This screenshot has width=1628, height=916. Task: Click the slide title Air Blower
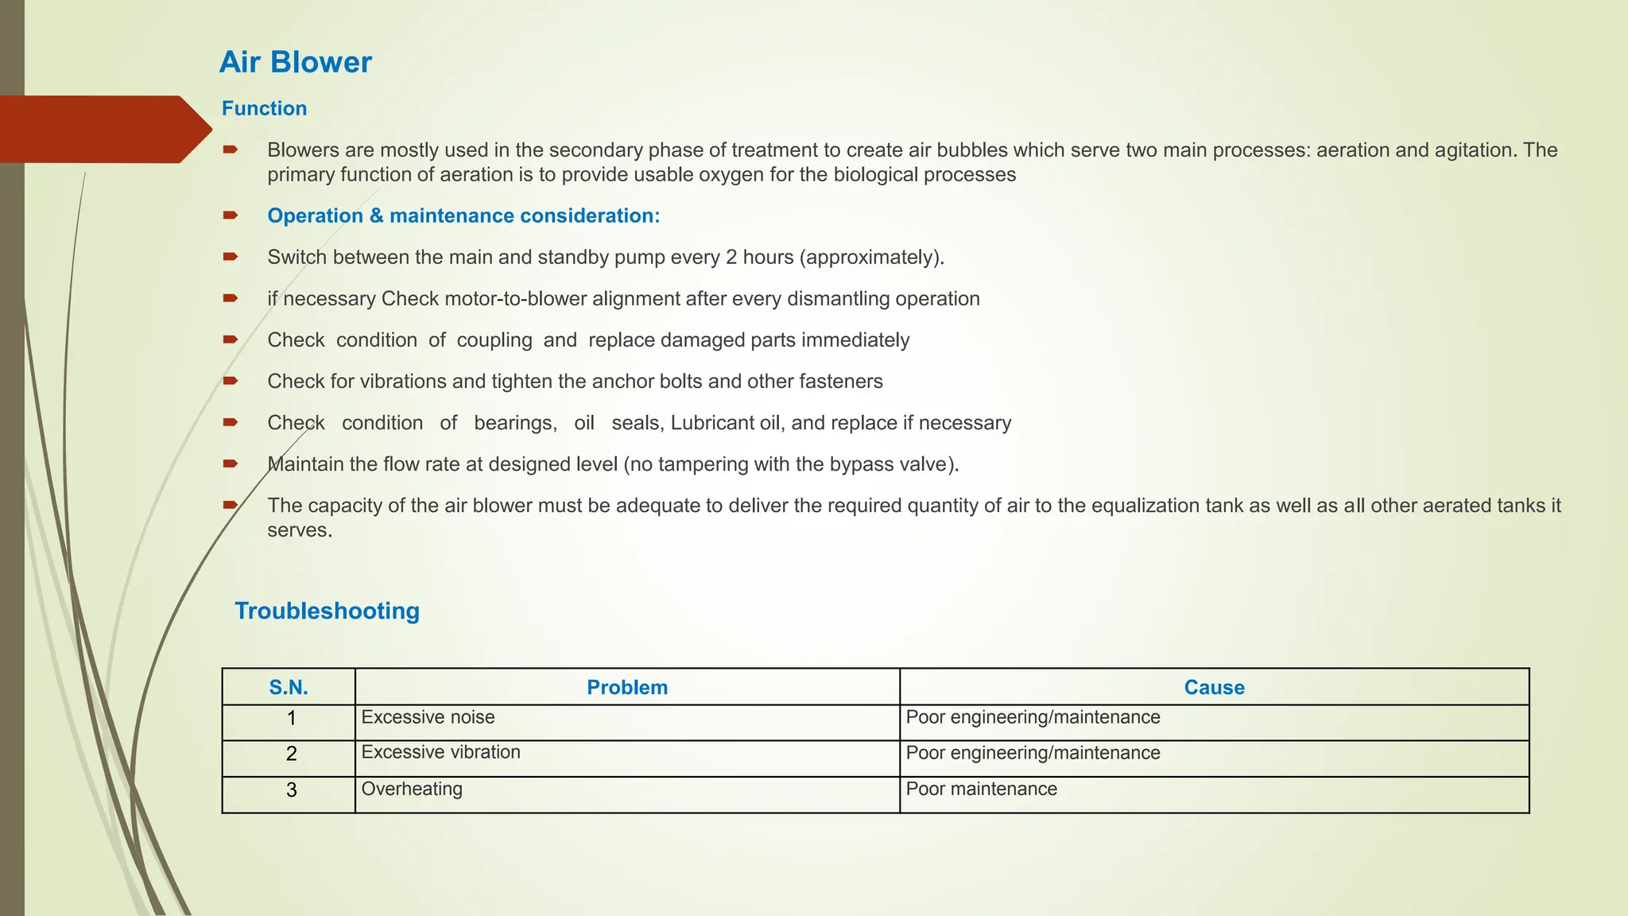click(x=295, y=62)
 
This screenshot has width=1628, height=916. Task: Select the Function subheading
click(x=264, y=108)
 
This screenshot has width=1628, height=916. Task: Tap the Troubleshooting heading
click(x=327, y=611)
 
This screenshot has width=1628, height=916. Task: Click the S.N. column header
click(x=289, y=687)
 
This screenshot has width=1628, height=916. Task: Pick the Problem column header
click(x=627, y=687)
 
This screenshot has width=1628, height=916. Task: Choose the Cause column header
click(x=1214, y=687)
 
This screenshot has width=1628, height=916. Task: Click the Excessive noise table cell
click(x=428, y=717)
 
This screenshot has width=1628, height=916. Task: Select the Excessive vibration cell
click(x=440, y=752)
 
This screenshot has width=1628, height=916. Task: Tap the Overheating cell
click(x=412, y=789)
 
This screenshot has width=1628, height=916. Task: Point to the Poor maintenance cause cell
click(x=981, y=789)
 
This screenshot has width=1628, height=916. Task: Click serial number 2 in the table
click(x=291, y=754)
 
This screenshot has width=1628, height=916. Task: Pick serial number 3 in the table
click(x=291, y=790)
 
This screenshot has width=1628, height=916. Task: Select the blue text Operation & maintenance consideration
click(x=463, y=215)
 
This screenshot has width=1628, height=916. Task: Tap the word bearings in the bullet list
click(x=515, y=422)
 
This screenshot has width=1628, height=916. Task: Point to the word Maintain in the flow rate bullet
click(x=305, y=464)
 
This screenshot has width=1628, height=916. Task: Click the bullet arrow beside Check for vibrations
click(x=231, y=381)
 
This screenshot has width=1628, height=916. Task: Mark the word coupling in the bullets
click(x=494, y=340)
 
